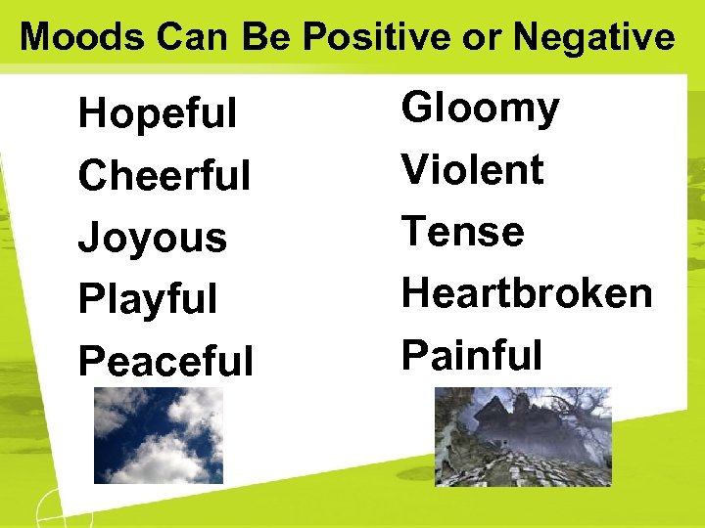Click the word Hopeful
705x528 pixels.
tap(157, 113)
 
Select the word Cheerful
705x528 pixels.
tap(164, 176)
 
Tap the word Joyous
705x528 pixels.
tap(152, 238)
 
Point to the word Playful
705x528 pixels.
tap(147, 299)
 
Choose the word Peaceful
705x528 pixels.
tap(165, 361)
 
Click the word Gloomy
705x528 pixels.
tap(480, 108)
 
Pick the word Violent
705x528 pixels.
tap(472, 170)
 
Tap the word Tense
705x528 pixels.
tap(462, 232)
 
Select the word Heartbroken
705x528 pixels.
tap(527, 292)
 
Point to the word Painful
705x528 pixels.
tap(472, 354)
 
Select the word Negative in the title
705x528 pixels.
tap(593, 37)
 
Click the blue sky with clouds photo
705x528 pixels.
tap(158, 435)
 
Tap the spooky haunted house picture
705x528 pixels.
tap(523, 436)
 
